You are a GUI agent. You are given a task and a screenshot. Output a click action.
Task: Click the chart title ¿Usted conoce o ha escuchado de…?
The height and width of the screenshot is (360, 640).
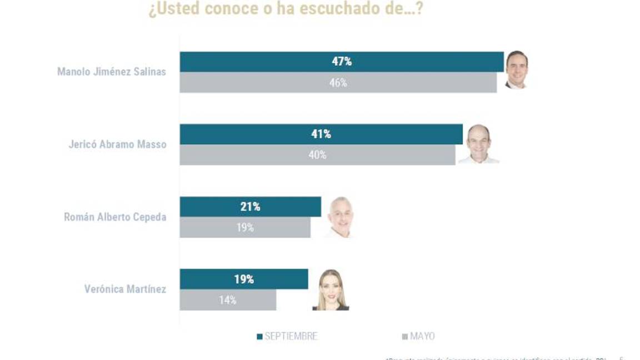[285, 9]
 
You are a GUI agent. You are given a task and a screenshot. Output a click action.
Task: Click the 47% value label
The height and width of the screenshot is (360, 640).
[342, 62]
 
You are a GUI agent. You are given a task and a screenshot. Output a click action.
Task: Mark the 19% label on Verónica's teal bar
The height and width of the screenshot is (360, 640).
[244, 279]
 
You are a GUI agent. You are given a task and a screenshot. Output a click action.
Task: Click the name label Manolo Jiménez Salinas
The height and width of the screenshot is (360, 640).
[112, 72]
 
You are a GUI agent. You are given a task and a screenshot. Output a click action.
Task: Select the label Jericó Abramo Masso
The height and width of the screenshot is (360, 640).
[117, 144]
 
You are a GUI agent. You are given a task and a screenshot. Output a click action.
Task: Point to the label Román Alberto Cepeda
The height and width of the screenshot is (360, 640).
[115, 217]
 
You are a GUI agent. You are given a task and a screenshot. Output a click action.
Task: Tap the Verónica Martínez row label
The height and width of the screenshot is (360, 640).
[125, 289]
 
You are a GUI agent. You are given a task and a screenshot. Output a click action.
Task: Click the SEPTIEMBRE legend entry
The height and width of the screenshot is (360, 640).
[287, 336]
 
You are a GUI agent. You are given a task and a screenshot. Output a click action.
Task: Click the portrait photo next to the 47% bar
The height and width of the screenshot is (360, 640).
[516, 69]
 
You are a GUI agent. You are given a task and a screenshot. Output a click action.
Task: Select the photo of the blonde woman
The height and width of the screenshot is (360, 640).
[332, 289]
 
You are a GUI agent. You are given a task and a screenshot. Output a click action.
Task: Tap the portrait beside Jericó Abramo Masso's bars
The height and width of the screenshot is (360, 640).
[478, 144]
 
